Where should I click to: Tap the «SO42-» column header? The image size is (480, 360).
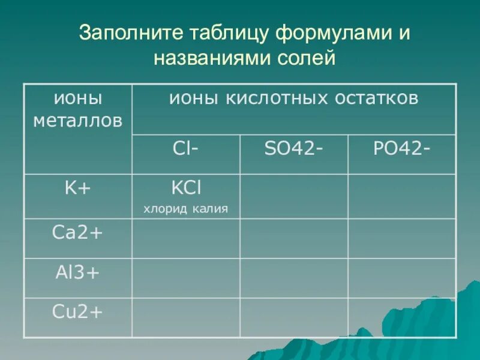294,149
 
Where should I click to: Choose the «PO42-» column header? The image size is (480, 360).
401,149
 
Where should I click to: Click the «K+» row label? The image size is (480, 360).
78,188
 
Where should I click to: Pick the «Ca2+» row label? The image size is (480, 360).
78,233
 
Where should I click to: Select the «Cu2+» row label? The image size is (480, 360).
78,313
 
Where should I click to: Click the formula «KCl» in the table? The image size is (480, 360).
186,188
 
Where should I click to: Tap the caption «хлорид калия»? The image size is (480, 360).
185,209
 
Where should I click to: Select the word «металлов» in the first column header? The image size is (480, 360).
78,121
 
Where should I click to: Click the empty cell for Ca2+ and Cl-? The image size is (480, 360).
186,238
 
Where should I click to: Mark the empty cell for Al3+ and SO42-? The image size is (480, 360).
294,278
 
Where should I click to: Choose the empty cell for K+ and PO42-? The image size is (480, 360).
402,196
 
